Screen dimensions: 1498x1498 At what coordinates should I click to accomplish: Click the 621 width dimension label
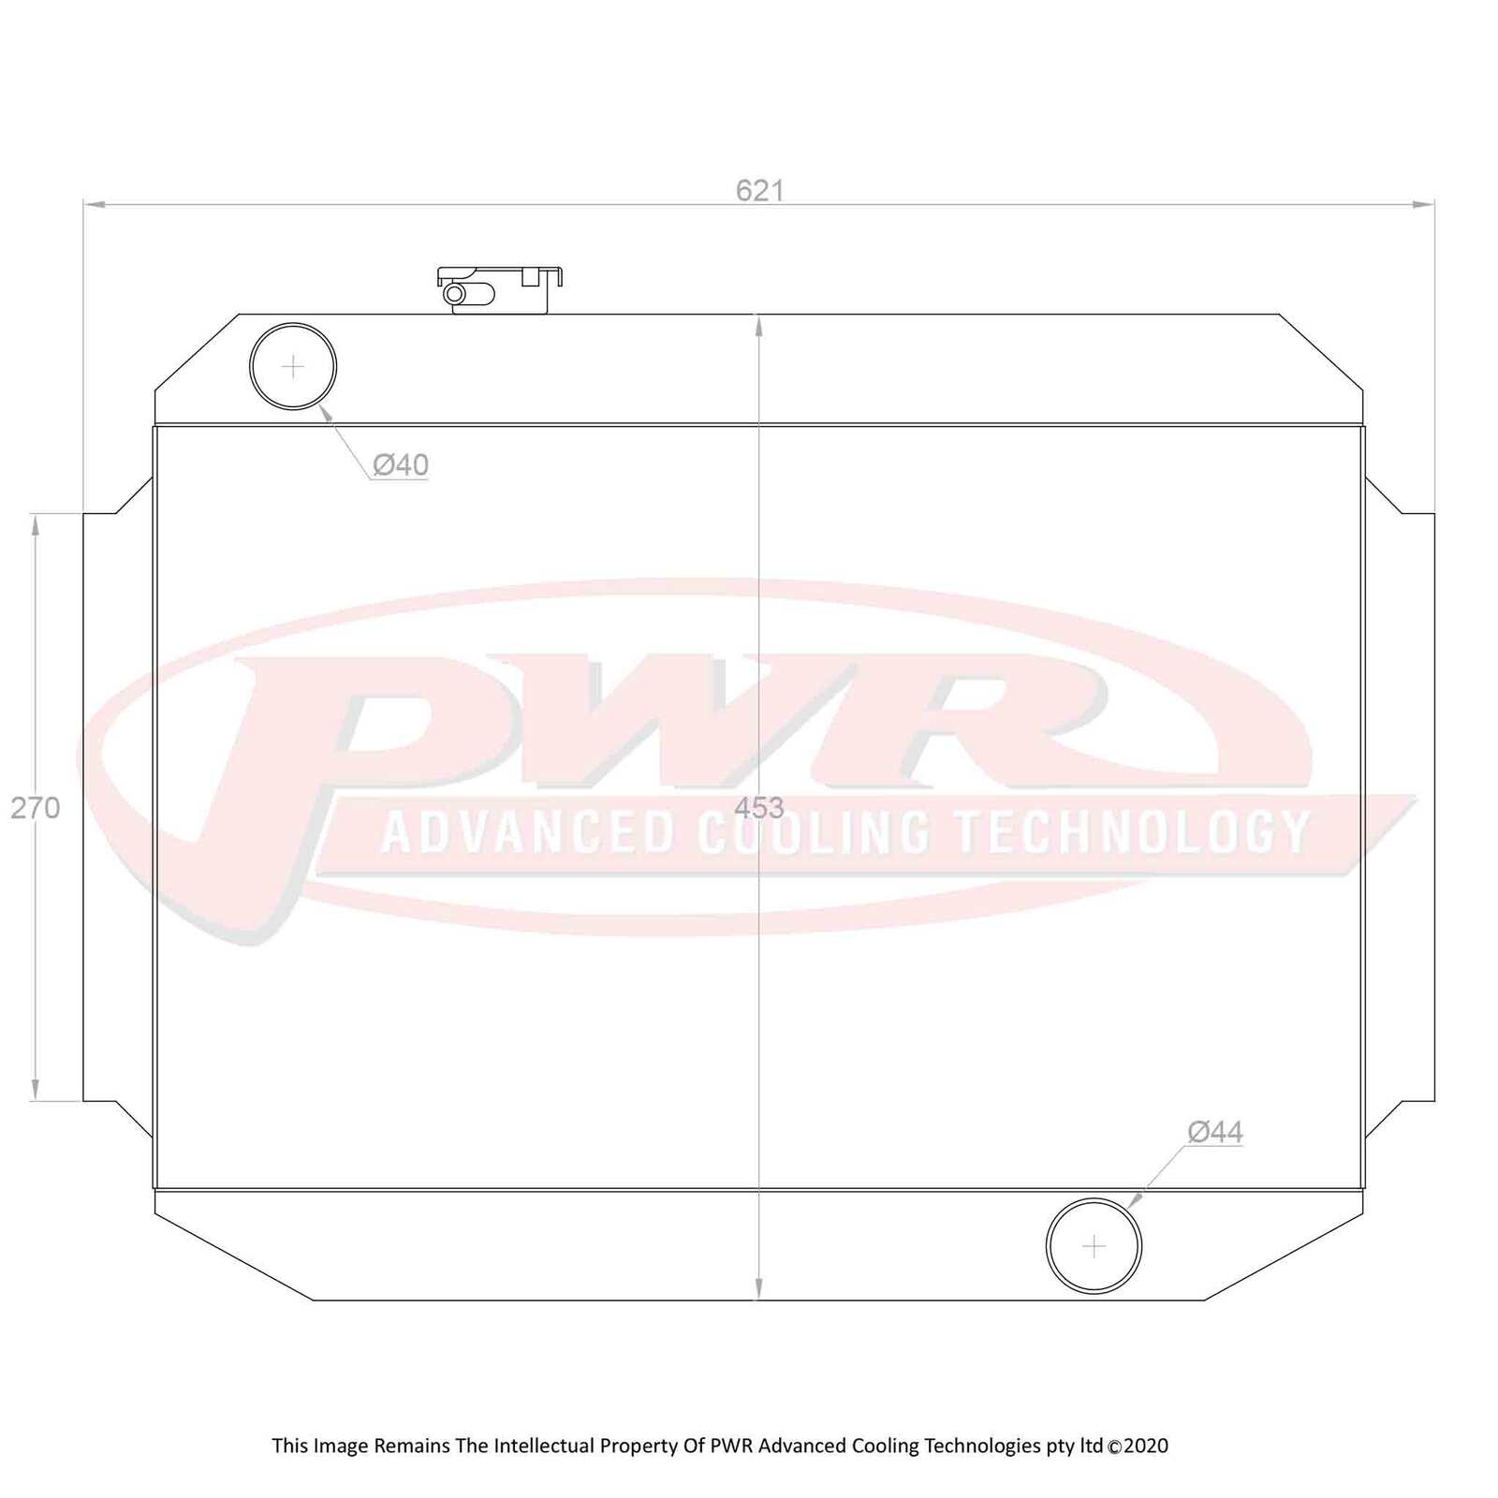click(759, 191)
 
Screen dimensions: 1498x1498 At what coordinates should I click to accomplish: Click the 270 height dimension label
click(36, 807)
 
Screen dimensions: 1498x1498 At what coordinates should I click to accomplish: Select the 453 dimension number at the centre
click(758, 807)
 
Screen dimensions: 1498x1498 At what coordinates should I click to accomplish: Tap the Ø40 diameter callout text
click(400, 464)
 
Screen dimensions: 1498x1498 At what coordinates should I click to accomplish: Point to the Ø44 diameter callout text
click(1214, 1132)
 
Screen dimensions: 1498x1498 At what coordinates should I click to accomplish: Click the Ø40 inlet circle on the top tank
click(293, 366)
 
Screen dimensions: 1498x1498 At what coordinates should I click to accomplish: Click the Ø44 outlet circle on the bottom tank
click(1094, 1246)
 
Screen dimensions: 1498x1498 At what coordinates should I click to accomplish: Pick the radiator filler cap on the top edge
click(500, 288)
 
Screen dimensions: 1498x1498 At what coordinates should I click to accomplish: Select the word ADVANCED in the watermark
click(528, 831)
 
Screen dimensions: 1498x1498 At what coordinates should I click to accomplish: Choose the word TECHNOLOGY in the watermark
click(1131, 831)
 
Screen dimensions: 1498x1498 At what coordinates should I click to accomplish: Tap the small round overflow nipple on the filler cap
click(455, 294)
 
